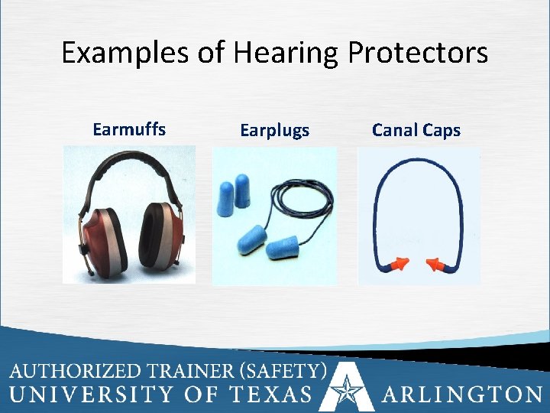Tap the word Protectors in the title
(418, 54)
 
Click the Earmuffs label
(128, 129)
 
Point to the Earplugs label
(275, 131)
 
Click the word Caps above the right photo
(442, 131)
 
